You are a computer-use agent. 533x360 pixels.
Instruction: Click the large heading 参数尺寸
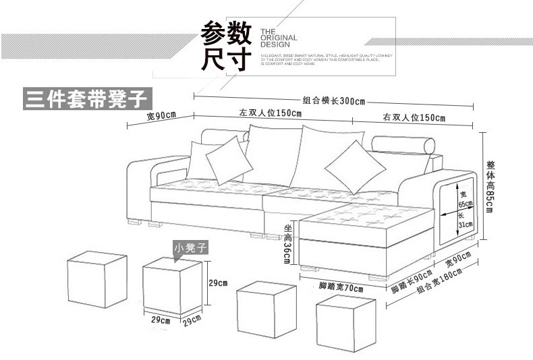click(226, 46)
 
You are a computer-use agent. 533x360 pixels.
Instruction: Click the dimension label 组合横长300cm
click(333, 101)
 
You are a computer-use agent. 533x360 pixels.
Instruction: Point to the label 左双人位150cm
click(269, 113)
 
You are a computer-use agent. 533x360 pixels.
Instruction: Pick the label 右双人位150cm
click(414, 118)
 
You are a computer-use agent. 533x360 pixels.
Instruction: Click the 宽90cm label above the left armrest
click(161, 115)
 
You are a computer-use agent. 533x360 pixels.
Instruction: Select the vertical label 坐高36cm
click(287, 243)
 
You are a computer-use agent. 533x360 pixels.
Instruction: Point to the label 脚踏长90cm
click(412, 282)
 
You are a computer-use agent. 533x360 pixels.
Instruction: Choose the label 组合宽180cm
click(440, 280)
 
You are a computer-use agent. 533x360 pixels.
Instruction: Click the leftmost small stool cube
click(98, 278)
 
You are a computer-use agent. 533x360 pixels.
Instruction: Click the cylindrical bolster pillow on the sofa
click(405, 146)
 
